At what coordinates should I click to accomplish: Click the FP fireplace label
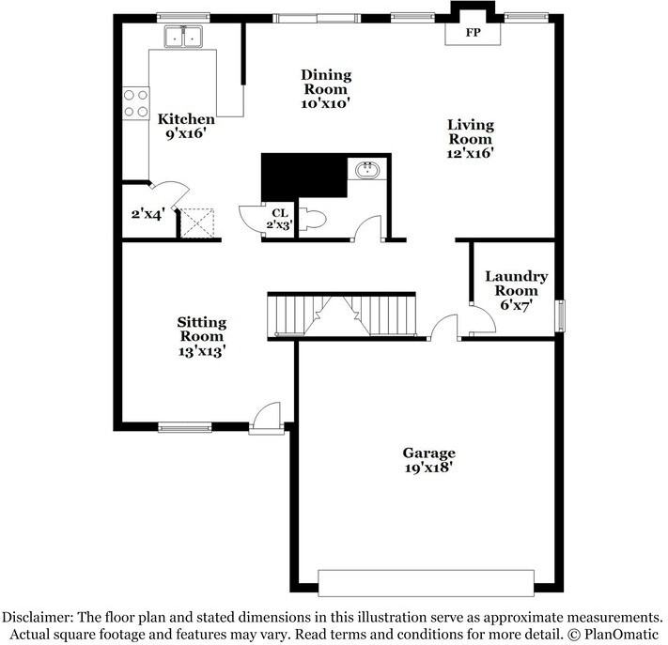(x=473, y=33)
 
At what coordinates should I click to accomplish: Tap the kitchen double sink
(x=183, y=37)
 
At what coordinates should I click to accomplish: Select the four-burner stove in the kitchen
(x=136, y=103)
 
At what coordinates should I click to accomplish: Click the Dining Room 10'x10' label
(x=326, y=89)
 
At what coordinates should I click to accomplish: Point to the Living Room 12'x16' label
(x=471, y=139)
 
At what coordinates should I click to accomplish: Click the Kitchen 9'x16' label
(x=186, y=126)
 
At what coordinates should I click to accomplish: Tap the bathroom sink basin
(x=367, y=170)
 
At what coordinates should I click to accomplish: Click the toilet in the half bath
(x=313, y=220)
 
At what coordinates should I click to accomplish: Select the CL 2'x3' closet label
(x=279, y=219)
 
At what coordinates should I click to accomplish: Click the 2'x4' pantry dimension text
(x=148, y=214)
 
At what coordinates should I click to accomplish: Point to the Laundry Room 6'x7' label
(x=517, y=291)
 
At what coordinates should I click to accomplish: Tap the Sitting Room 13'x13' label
(x=201, y=336)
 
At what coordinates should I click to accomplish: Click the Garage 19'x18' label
(x=428, y=460)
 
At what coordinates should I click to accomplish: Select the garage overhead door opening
(x=426, y=583)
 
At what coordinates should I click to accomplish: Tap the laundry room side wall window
(x=561, y=315)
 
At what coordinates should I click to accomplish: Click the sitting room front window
(x=185, y=427)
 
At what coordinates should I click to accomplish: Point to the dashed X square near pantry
(x=196, y=223)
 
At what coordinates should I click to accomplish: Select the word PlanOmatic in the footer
(x=621, y=635)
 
